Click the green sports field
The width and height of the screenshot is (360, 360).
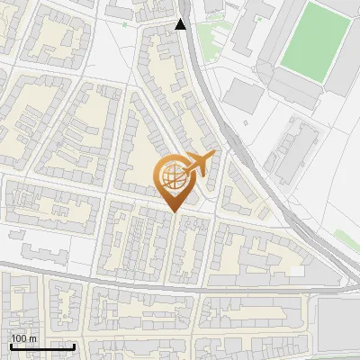[x=314, y=40]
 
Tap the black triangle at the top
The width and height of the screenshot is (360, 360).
[x=181, y=24]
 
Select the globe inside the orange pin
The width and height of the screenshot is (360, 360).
[x=172, y=176]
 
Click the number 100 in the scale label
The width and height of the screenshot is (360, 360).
[x=20, y=338]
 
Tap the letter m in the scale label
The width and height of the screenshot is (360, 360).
[x=34, y=338]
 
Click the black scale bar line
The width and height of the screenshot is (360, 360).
[x=42, y=346]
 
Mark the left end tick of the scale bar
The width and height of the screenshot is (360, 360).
[x=11, y=345]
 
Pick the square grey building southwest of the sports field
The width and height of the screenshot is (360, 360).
[x=240, y=94]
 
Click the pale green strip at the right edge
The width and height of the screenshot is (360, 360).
[x=346, y=239]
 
